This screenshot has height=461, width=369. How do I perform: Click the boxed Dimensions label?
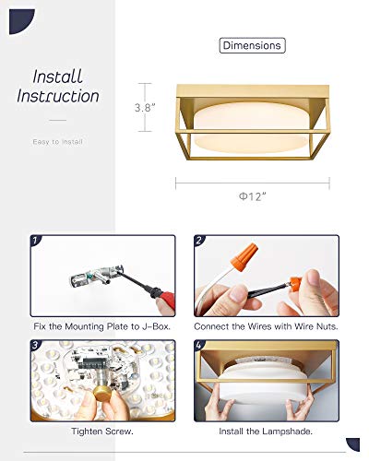(252, 45)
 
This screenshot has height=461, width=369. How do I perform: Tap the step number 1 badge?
(36, 242)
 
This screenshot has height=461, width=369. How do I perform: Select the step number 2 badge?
(200, 242)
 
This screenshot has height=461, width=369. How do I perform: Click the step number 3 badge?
(36, 348)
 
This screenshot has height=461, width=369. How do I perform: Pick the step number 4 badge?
(200, 348)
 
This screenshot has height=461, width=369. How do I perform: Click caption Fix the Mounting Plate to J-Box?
(102, 326)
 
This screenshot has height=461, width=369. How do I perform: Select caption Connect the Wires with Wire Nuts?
(266, 326)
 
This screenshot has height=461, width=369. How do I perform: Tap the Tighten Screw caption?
(102, 431)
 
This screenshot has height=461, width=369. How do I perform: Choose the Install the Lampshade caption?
(266, 431)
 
